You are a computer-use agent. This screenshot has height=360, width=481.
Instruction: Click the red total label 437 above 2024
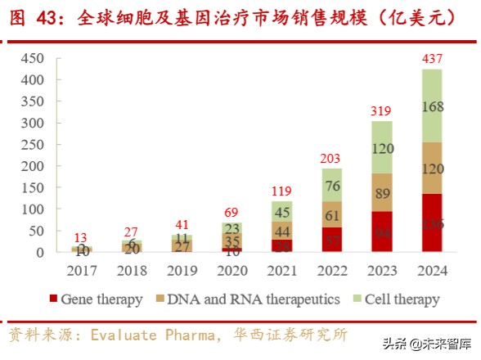(433, 59)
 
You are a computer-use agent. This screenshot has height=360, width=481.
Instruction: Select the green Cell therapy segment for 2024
(433, 106)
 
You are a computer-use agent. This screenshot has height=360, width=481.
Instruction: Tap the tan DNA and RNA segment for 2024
(433, 168)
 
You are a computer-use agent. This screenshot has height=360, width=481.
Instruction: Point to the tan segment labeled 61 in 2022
(332, 216)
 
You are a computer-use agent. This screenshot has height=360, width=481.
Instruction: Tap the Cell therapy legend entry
(393, 299)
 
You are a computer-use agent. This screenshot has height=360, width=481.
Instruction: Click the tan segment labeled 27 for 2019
(182, 245)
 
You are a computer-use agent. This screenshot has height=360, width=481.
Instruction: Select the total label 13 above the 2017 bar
(82, 237)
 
